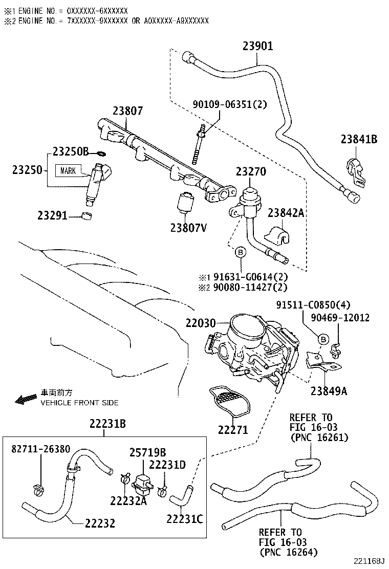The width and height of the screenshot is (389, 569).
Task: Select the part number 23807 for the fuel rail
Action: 128,111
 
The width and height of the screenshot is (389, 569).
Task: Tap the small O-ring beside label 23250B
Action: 101,152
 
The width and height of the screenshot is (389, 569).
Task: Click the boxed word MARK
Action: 68,170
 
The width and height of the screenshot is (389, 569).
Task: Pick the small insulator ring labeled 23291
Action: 88,214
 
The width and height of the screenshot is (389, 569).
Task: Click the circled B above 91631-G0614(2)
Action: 240,252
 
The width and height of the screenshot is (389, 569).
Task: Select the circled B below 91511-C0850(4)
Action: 323,338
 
